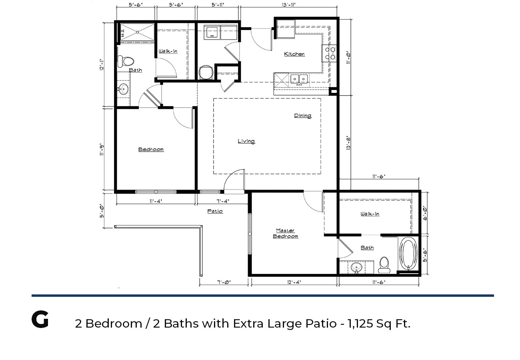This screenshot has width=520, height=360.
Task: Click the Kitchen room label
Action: tap(294, 54)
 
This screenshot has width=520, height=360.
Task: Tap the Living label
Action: tap(246, 141)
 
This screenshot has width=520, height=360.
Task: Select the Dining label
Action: tap(303, 116)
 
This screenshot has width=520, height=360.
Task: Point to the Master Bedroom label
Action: tap(286, 234)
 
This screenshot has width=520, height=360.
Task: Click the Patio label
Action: tap(215, 211)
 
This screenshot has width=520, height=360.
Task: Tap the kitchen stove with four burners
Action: tap(329, 53)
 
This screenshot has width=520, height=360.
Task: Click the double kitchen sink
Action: tap(299, 79)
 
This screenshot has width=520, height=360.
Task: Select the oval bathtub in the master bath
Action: tap(408, 253)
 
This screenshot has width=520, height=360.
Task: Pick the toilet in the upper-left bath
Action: tap(126, 62)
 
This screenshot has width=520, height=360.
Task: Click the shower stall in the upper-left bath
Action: tap(137, 32)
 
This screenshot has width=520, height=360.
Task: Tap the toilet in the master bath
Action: tap(384, 265)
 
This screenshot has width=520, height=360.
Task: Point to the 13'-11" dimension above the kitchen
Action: tap(288, 5)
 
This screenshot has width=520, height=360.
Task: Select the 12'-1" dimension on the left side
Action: tap(102, 65)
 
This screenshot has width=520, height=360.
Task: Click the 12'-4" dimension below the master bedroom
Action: tap(294, 282)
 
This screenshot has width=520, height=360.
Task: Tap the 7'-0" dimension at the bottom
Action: tap(224, 282)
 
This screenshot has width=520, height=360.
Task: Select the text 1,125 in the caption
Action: tap(360, 324)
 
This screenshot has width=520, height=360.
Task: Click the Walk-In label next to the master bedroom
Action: tap(370, 214)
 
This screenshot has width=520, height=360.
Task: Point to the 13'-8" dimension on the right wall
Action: tap(348, 143)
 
